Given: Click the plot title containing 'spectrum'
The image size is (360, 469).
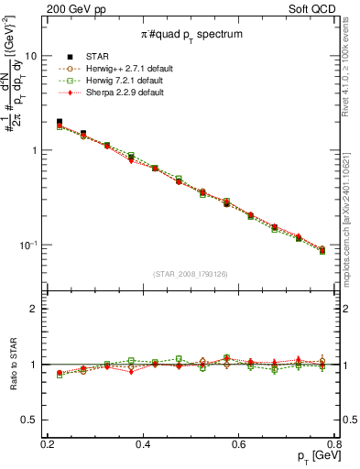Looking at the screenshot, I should (191, 34).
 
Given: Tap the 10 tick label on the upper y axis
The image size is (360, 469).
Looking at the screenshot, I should (31, 55).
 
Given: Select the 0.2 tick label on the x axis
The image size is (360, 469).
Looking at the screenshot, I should (48, 445).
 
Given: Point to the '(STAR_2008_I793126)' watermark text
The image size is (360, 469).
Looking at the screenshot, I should (191, 274).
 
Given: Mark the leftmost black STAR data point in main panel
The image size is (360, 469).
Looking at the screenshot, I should (60, 122).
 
